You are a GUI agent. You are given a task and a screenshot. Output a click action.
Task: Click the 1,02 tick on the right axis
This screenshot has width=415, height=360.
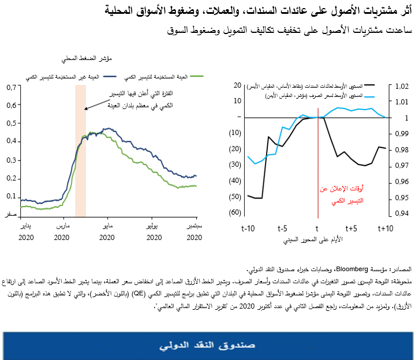(401, 87)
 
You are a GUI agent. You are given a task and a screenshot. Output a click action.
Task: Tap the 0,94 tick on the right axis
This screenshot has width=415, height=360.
(401, 214)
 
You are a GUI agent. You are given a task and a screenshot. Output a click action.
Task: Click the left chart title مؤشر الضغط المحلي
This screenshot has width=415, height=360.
(86, 58)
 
